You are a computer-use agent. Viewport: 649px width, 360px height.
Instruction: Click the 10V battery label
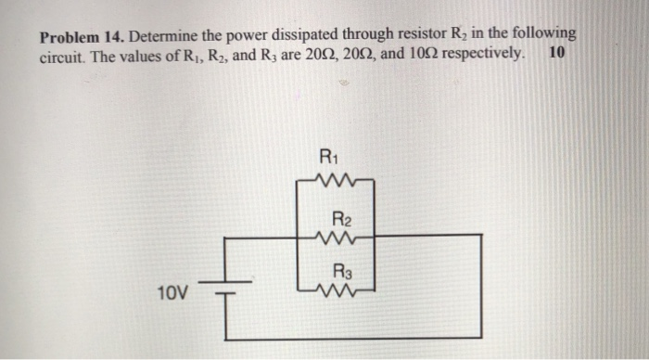[171, 294]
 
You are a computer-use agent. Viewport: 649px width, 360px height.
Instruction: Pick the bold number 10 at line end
[556, 53]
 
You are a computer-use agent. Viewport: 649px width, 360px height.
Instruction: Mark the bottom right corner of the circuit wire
[480, 336]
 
